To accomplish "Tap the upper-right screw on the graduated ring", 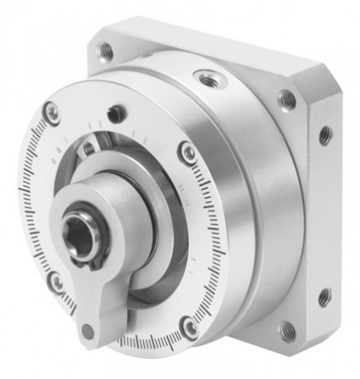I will click(188, 151).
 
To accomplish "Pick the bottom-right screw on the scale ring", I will click(191, 327).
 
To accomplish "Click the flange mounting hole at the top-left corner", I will click(107, 52).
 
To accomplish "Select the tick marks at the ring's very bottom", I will click(144, 343).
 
